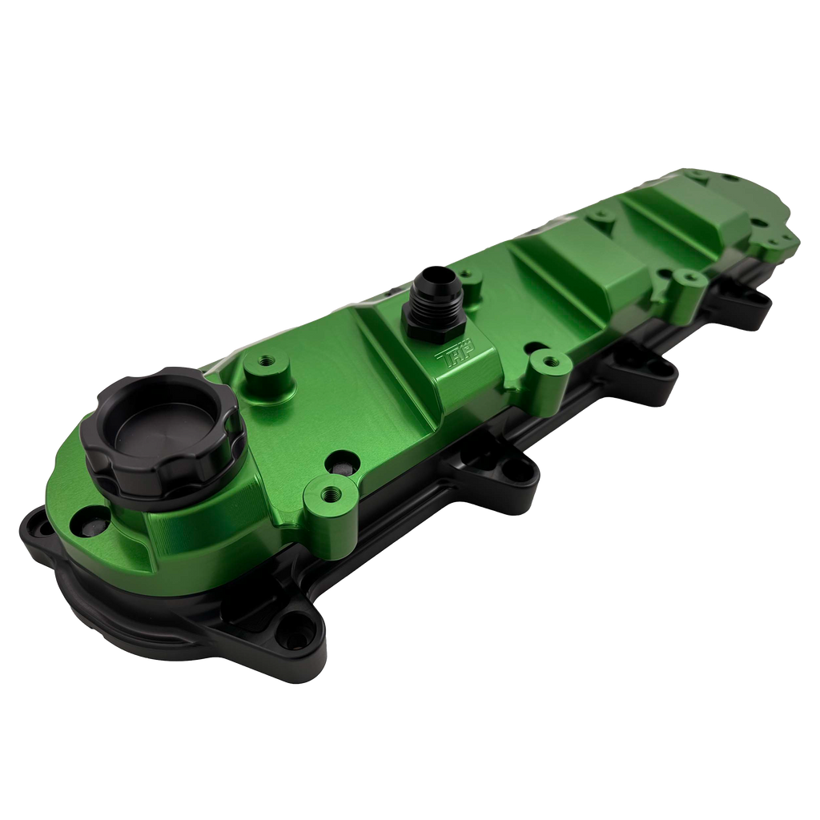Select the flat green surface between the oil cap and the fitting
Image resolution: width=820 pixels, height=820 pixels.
pos(336,384)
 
